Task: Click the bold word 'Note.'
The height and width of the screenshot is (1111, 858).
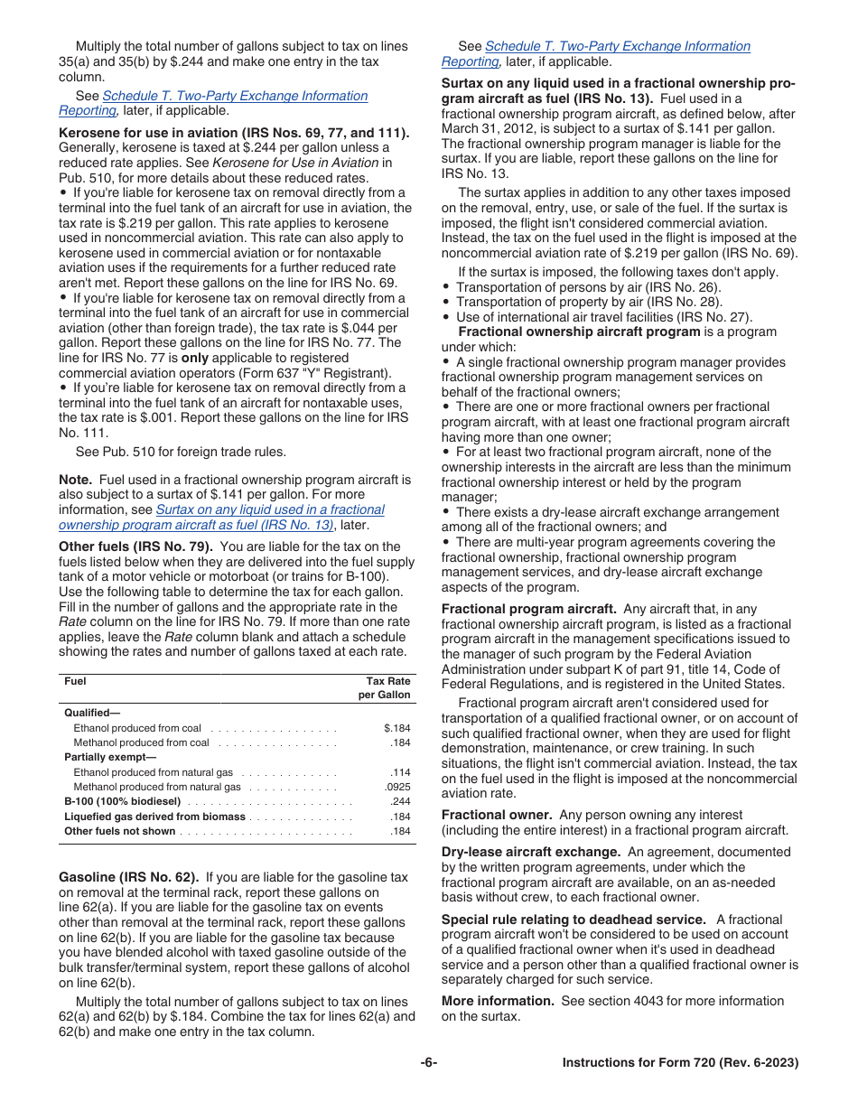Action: (75, 480)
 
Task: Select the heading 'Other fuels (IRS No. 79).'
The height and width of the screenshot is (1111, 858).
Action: (135, 546)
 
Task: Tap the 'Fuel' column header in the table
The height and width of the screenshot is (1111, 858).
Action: (75, 681)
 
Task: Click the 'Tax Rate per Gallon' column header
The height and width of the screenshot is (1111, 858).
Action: (387, 688)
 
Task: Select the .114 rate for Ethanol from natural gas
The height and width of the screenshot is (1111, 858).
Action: (399, 772)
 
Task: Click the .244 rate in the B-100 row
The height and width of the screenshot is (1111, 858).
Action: (399, 801)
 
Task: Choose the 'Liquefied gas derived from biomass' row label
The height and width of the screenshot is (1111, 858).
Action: (154, 817)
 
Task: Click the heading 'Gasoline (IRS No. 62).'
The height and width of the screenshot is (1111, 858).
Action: (128, 877)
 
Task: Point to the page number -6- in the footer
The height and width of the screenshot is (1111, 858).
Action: (428, 1063)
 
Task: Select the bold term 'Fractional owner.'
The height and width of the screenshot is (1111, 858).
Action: (494, 815)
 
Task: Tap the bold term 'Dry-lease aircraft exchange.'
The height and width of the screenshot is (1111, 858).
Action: (530, 852)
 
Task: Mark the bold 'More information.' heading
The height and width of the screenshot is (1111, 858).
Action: (498, 1001)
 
